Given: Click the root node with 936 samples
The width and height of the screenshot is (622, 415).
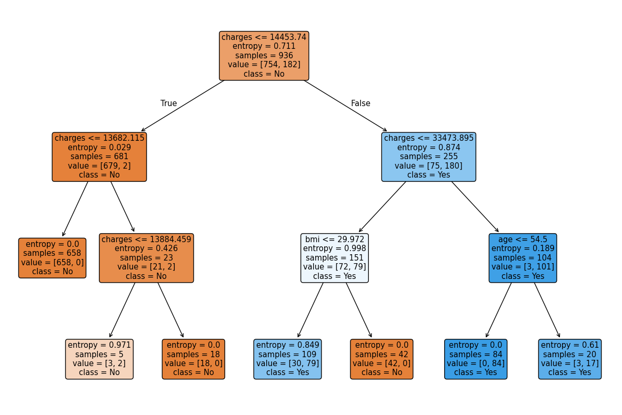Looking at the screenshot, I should [x=264, y=56].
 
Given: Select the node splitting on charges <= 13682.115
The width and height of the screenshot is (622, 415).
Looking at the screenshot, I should [x=99, y=157].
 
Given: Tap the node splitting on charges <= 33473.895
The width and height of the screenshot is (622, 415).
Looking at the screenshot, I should [x=428, y=157].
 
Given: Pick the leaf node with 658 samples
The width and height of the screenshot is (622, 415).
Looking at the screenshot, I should [x=52, y=258].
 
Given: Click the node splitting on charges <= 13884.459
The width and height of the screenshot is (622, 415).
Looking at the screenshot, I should [x=146, y=258].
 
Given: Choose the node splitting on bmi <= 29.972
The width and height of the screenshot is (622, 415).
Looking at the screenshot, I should [x=334, y=258].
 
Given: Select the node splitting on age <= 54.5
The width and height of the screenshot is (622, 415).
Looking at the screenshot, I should [x=523, y=258].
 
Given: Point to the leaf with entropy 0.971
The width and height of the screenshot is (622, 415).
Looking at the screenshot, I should [x=99, y=359].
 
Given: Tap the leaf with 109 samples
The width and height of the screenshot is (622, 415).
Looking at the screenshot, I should [x=287, y=359].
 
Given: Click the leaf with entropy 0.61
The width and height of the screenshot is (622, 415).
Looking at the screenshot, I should [x=570, y=359].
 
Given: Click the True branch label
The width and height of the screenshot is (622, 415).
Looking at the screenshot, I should [x=168, y=103].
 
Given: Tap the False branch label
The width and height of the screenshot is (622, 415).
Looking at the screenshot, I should [x=360, y=103].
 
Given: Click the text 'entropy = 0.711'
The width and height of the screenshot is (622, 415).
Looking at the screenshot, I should [x=264, y=46].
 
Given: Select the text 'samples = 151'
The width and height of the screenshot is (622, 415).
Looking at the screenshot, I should [x=334, y=257].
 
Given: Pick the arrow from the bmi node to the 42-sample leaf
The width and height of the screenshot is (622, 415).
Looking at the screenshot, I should [x=359, y=310].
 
